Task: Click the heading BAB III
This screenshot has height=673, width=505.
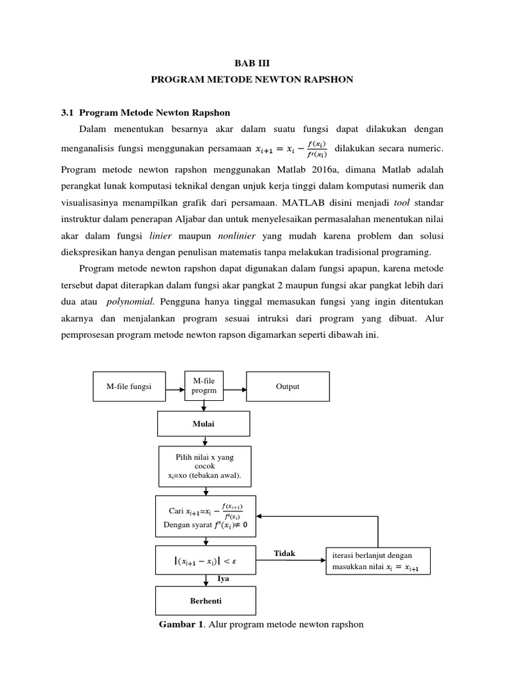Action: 252,63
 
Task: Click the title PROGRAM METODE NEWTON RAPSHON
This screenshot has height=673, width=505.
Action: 252,80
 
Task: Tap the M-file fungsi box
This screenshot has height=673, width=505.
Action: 129,386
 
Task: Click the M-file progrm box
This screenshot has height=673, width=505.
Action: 204,386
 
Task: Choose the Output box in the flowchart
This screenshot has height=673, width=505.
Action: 288,386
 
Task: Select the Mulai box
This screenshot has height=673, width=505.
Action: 204,424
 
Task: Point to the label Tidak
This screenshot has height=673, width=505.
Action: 285,554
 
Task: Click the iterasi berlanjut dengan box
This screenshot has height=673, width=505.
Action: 377,560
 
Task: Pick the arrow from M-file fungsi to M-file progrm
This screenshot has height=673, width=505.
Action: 175,387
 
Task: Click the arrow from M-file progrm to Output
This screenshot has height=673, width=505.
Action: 235,387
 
